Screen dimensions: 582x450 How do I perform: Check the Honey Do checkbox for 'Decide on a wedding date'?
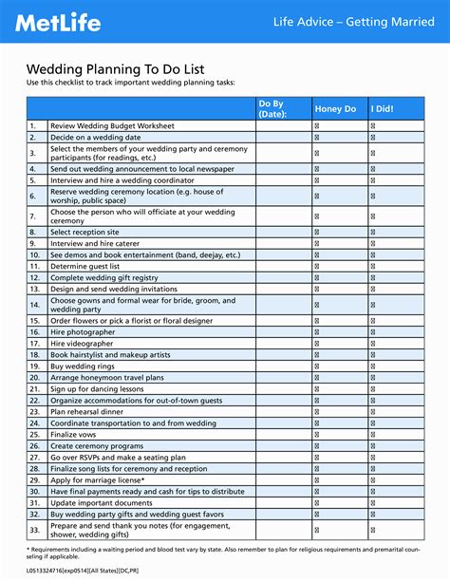tap(317, 137)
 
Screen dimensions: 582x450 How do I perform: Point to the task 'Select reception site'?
tap(85, 232)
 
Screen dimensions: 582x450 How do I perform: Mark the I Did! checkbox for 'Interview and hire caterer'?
tap(372, 244)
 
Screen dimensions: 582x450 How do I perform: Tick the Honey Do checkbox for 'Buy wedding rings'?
tap(317, 366)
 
